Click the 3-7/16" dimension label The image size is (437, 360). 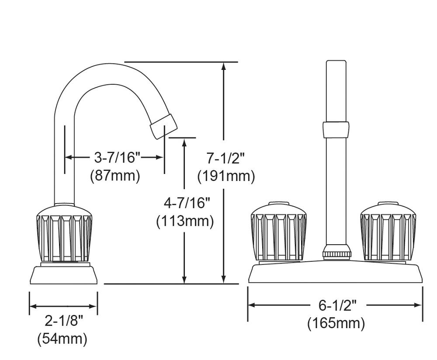click(x=117, y=158)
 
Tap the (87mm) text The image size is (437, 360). click(x=115, y=176)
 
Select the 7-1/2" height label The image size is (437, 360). click(x=225, y=158)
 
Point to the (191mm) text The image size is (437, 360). click(x=226, y=177)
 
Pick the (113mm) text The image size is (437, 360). click(x=185, y=222)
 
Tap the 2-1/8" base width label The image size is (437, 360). click(x=64, y=321)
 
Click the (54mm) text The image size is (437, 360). click(x=62, y=339)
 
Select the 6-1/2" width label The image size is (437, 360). click(x=338, y=306)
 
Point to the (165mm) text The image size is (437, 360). click(x=336, y=324)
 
